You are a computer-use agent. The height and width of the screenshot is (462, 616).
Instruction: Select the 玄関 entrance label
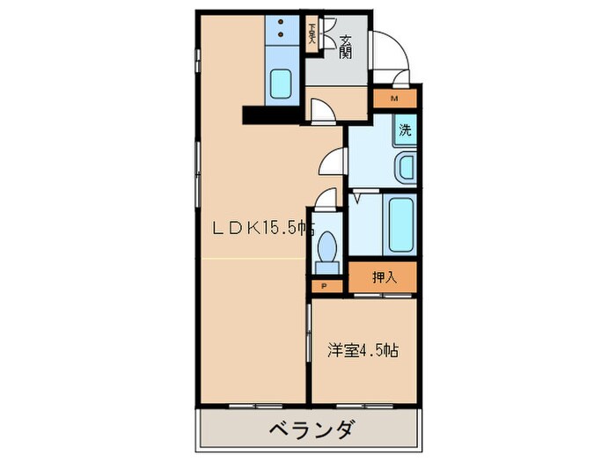[x=346, y=46]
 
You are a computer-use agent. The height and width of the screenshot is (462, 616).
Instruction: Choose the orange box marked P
[x=325, y=286]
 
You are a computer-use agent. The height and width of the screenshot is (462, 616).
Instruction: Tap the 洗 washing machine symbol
[x=405, y=131]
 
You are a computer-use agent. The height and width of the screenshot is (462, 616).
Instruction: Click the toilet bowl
[x=328, y=244]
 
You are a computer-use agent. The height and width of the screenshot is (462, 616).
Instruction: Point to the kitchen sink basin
[x=282, y=84]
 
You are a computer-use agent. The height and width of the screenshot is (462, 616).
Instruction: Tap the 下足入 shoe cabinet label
[x=312, y=37]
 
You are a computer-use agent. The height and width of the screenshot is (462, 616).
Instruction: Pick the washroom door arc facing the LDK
[x=331, y=159]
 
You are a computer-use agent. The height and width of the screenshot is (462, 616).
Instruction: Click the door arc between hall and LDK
[x=321, y=108]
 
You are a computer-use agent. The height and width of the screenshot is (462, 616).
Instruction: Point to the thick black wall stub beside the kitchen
[x=272, y=114]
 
